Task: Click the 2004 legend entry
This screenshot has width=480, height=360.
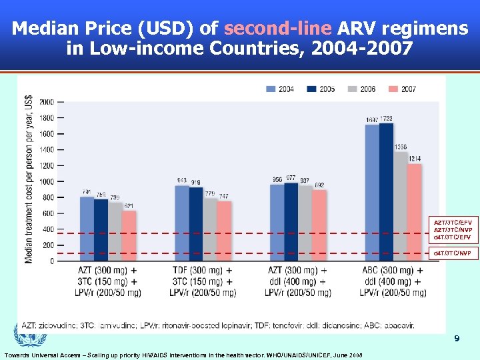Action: (281, 89)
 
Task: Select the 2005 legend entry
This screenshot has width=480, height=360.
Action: (322, 89)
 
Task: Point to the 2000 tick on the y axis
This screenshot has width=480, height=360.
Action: (47, 102)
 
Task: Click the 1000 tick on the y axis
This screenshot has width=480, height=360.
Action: (47, 181)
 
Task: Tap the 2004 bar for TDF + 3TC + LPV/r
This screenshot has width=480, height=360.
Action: (182, 223)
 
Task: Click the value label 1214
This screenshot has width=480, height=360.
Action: (415, 159)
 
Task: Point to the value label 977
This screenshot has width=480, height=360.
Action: (291, 178)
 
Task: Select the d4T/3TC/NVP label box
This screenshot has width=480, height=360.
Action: (452, 253)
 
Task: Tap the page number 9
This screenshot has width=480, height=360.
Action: (457, 339)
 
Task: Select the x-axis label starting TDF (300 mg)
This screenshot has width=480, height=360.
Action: (203, 281)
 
